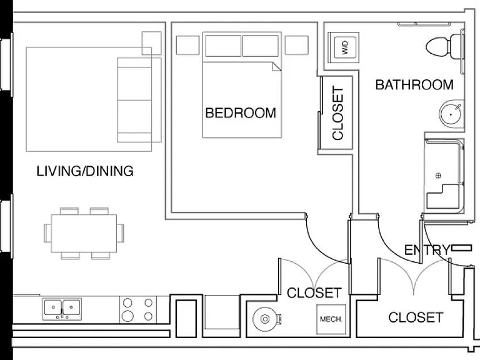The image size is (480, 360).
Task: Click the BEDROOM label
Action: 241,113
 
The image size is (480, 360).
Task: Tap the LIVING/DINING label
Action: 85,171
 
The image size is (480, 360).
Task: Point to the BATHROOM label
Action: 414,85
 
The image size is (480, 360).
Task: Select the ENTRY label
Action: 427,251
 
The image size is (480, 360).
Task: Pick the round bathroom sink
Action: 451,114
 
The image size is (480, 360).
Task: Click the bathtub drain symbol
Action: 438,176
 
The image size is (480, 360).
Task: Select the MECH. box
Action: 331,319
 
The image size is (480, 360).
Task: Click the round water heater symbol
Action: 265,319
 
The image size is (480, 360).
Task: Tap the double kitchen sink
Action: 62,309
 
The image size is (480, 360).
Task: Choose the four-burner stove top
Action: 137,309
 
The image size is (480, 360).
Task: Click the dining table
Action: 84,233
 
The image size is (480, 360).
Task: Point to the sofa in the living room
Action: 139,100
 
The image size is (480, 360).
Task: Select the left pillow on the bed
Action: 223,46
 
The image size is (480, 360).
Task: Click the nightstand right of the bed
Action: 296,45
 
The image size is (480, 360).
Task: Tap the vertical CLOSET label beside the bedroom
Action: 338,113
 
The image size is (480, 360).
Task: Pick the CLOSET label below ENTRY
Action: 416,317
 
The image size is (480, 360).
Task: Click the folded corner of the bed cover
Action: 276,66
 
